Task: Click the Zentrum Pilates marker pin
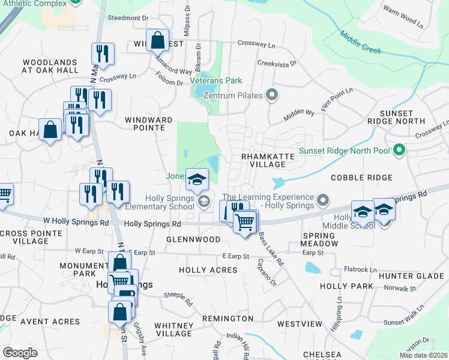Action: (272, 95)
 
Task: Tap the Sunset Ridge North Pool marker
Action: (399, 151)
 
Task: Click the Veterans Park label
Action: (215, 80)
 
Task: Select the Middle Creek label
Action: (361, 42)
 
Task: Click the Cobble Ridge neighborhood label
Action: (361, 178)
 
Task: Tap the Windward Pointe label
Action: (145, 124)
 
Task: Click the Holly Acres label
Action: (208, 271)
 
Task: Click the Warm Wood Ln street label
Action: (403, 17)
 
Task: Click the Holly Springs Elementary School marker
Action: (203, 201)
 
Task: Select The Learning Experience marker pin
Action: (322, 200)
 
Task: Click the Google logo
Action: (20, 353)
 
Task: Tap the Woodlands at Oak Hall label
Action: (50, 66)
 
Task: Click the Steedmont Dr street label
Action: (128, 19)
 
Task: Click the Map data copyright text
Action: (423, 355)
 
